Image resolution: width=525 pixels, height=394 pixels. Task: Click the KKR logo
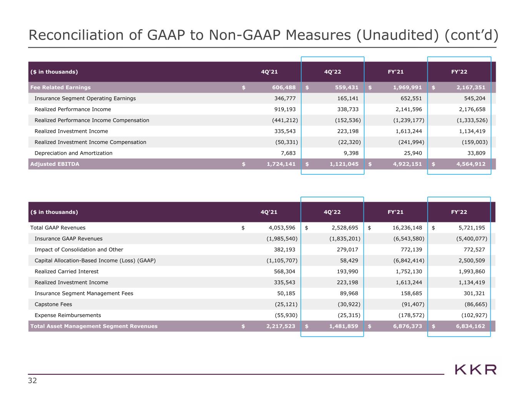click(476, 370)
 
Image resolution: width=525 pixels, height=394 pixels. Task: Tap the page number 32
click(32, 381)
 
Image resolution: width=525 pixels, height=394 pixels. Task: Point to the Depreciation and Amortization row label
click(73, 153)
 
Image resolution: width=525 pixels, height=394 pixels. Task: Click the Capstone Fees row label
click(53, 304)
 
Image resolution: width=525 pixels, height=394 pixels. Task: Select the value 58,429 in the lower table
click(348, 260)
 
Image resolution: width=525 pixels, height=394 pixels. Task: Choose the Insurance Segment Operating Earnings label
click(85, 98)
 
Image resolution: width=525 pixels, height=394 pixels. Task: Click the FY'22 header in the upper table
click(459, 72)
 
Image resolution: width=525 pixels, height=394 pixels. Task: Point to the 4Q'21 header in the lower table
click(269, 212)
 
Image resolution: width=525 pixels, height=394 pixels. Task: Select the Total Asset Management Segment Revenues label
click(94, 326)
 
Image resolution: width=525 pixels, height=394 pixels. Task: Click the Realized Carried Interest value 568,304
click(284, 272)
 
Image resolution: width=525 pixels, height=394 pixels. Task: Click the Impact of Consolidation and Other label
click(79, 250)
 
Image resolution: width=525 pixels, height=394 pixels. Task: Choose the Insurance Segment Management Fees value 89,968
click(348, 294)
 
